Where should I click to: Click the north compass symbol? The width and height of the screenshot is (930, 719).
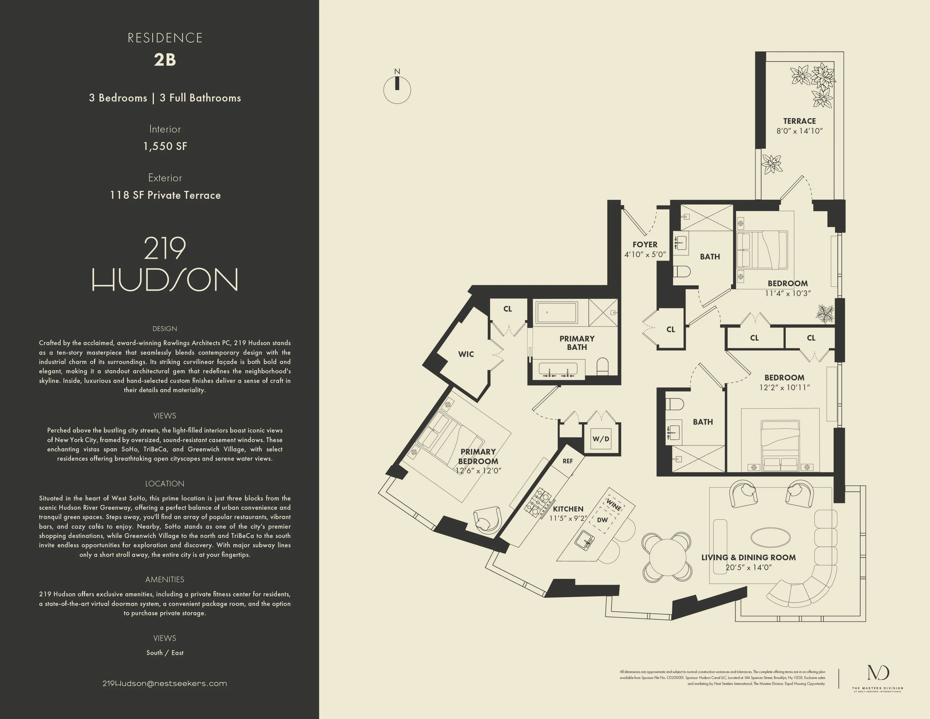[x=397, y=89]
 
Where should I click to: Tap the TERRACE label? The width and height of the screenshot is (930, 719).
[x=799, y=121]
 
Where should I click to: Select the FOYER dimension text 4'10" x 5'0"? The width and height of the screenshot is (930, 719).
[x=645, y=255]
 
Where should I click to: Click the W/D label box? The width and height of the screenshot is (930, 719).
[x=601, y=439]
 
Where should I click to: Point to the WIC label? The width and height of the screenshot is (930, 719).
[x=466, y=354]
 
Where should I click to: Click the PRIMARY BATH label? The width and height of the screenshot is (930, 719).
[x=577, y=343]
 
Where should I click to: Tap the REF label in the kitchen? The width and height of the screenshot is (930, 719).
[x=568, y=461]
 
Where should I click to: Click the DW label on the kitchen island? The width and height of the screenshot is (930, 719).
[x=602, y=520]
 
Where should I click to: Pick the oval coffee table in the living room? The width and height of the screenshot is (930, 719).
[x=770, y=537]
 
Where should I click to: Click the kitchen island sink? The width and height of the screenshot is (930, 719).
[x=585, y=541]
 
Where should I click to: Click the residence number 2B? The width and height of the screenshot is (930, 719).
[x=165, y=59]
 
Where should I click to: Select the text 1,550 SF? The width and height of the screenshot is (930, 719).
[x=165, y=146]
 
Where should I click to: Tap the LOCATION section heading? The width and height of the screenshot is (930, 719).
[x=165, y=484]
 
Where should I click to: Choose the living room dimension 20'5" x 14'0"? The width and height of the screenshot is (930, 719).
[x=748, y=567]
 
